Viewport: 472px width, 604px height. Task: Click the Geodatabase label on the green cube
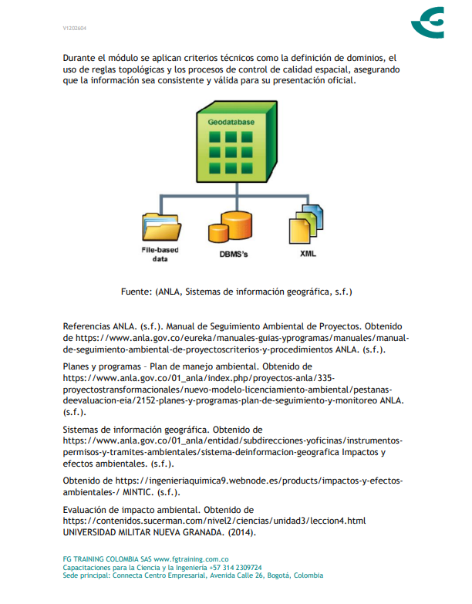[x=231, y=122]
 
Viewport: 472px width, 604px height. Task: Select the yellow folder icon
[x=161, y=227]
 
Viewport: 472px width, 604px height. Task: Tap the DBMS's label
[x=234, y=253]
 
